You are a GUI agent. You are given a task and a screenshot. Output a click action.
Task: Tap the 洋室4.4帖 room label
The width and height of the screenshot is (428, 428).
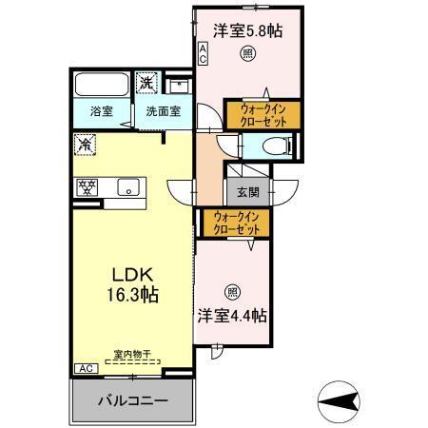pos(232,313)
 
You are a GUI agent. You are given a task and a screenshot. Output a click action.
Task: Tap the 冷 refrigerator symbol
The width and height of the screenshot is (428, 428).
pos(85,146)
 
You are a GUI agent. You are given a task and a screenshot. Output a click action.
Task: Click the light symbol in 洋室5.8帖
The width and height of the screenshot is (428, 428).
pos(247,54)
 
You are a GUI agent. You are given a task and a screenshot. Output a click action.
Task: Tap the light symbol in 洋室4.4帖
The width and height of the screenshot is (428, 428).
pos(233,292)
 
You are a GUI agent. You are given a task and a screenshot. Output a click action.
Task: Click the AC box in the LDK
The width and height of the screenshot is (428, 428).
pos(84,368)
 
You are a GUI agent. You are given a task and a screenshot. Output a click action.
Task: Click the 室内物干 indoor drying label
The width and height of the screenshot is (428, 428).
pos(132,356)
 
